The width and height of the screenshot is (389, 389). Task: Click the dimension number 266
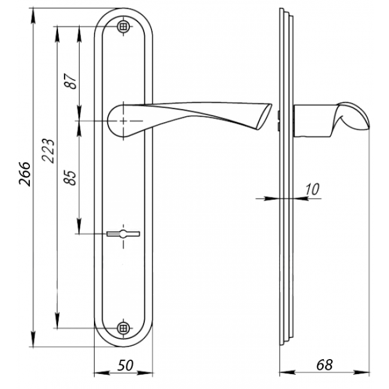[25, 174]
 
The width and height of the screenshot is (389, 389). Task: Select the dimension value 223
[48, 151]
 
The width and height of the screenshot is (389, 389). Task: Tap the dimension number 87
[70, 81]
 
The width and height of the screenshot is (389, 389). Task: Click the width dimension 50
[125, 365]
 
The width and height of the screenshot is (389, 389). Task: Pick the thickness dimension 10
[312, 190]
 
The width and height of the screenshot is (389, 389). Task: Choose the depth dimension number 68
[324, 365]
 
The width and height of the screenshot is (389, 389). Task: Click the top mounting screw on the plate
[123, 26]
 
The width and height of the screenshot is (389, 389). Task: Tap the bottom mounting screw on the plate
[123, 328]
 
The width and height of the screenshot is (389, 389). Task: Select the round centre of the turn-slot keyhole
[123, 233]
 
